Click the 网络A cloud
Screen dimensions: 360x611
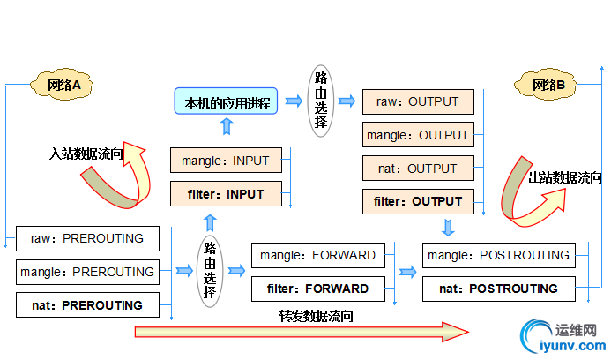click(x=64, y=85)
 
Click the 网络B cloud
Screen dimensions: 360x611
click(x=548, y=85)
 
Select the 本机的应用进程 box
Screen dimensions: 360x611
click(x=227, y=103)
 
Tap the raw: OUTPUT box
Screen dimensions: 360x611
click(x=418, y=101)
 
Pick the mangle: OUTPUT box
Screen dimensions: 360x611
click(x=418, y=135)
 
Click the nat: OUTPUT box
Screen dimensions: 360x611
click(x=418, y=169)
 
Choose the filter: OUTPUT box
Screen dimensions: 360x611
click(x=418, y=202)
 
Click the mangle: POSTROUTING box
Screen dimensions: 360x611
click(x=498, y=255)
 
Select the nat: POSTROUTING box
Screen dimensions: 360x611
click(x=498, y=289)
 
